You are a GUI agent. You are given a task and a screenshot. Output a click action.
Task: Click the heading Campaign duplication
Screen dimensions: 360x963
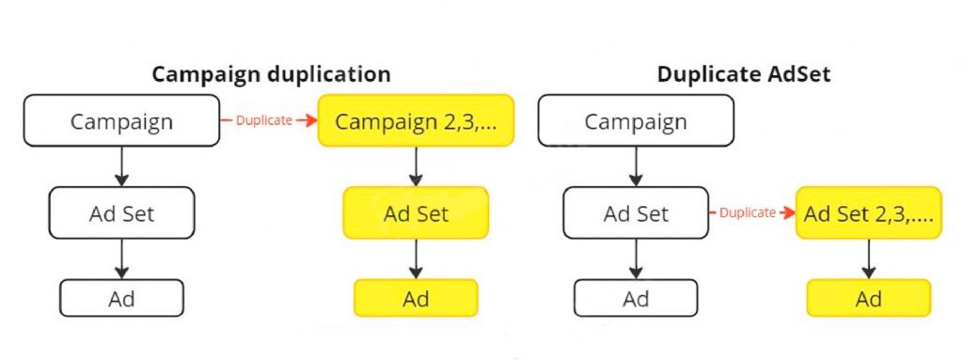pos(271,74)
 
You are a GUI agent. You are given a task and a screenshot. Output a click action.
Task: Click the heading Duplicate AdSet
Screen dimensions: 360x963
pos(744,74)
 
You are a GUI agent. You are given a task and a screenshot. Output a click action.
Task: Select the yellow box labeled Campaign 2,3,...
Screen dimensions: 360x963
pos(416,121)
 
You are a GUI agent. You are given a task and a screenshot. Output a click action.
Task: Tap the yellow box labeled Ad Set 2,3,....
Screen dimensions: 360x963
pos(868,213)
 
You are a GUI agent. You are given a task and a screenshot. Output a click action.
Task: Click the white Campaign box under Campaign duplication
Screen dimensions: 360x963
pos(121,121)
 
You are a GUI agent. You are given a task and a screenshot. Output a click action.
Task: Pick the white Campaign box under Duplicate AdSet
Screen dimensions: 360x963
pos(636,121)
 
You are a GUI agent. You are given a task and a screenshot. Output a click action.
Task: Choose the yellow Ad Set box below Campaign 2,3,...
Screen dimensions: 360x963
pos(416,213)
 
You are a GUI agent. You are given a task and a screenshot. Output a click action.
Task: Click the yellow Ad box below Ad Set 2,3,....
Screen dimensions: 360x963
pos(868,298)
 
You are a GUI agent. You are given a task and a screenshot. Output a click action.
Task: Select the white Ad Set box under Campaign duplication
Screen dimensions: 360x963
pos(121,213)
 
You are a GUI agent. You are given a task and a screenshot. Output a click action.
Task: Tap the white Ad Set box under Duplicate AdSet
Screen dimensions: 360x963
pos(636,213)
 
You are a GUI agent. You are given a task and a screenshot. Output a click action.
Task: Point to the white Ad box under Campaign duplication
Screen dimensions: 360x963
pos(121,298)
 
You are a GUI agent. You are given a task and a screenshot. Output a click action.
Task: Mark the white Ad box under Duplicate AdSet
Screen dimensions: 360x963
pos(636,298)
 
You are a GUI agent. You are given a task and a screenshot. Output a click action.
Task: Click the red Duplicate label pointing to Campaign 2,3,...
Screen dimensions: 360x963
pos(262,120)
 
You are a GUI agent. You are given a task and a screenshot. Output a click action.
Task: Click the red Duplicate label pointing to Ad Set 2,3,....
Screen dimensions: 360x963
pos(747,213)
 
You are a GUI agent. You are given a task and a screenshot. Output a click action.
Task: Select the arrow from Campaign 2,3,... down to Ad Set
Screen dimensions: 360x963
pos(416,166)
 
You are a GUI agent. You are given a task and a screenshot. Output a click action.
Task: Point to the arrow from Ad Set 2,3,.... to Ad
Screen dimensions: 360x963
pos(868,258)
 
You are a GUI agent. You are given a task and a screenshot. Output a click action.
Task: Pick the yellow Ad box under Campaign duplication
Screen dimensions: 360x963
pos(416,298)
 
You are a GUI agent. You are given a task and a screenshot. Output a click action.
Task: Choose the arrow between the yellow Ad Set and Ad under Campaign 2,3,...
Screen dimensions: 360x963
pos(416,258)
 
